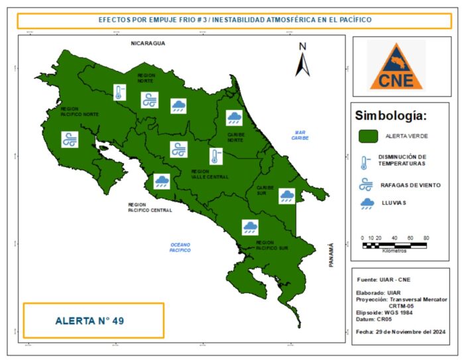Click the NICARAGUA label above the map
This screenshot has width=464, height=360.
click(x=147, y=43)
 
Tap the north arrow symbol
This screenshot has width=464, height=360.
click(x=302, y=60)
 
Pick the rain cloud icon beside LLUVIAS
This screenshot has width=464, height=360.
click(x=366, y=204)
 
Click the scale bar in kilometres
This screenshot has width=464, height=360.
click(x=396, y=245)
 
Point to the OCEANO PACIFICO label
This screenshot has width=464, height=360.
click(x=180, y=247)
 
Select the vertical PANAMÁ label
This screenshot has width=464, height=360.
click(x=329, y=255)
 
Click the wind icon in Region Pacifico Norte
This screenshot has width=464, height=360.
click(x=70, y=139)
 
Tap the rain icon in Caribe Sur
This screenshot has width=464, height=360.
click(x=286, y=196)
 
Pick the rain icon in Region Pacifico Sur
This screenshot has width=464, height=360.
click(x=250, y=227)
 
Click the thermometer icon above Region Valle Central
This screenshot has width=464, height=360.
click(x=215, y=156)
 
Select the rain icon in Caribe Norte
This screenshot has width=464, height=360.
click(x=234, y=118)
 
